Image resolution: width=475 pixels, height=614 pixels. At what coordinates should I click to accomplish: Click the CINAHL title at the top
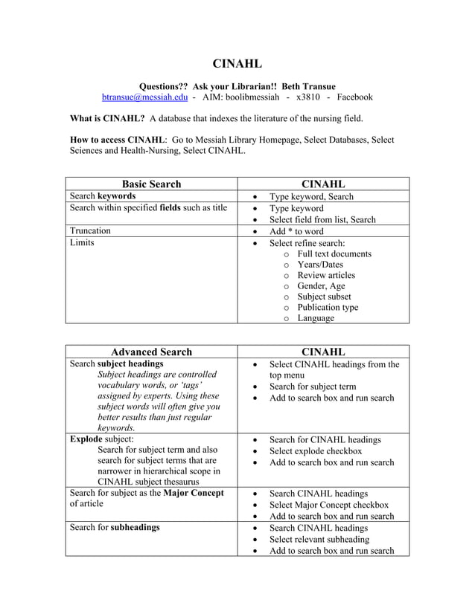(x=238, y=64)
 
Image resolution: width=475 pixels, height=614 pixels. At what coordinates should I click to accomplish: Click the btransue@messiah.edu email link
(x=145, y=97)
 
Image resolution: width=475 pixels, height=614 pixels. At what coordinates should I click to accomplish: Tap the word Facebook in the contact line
(x=354, y=97)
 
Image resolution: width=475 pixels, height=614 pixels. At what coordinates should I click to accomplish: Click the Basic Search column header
(x=151, y=184)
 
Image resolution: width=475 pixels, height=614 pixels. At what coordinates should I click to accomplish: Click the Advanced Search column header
(x=151, y=352)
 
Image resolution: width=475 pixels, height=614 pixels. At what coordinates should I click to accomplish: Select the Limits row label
(x=82, y=243)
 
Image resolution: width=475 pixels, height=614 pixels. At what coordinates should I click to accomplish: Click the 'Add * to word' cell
(x=296, y=231)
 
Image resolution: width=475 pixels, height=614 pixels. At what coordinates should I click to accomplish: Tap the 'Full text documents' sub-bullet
(x=334, y=254)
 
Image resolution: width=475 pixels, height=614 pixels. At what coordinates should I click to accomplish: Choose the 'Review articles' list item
(x=326, y=275)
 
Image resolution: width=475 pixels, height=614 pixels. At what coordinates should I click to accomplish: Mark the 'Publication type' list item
(x=328, y=307)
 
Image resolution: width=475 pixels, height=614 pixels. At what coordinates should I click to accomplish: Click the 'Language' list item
(x=316, y=318)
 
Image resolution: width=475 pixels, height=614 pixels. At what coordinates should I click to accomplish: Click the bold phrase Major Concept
(x=193, y=493)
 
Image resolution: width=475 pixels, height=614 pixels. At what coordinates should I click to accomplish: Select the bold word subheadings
(x=135, y=527)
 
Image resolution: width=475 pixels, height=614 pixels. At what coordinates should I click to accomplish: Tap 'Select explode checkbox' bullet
(x=316, y=451)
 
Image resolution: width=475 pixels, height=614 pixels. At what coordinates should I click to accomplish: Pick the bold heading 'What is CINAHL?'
(x=106, y=118)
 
